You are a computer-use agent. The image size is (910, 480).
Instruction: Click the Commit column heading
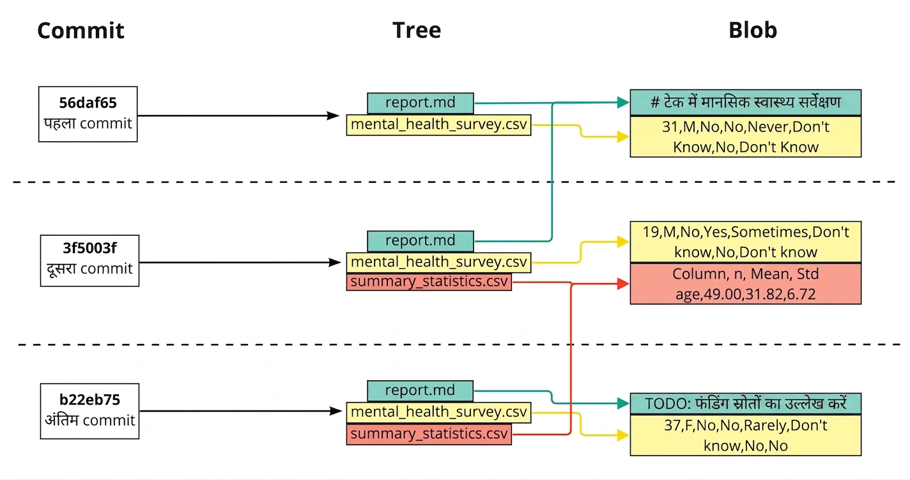81,31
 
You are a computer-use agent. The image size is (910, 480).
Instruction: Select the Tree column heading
417,30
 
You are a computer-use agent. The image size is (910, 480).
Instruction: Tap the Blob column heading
753,30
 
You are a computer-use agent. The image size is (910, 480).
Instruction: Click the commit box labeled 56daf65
88,114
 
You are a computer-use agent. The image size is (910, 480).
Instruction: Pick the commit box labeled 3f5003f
89,261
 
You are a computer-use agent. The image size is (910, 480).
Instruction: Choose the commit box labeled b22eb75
89,411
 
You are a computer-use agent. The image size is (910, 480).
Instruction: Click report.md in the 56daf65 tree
420,104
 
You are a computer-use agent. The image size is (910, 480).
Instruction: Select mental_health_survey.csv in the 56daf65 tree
439,125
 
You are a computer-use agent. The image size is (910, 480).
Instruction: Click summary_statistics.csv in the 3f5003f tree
429,282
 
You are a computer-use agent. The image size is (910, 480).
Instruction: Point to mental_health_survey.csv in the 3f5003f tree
439,263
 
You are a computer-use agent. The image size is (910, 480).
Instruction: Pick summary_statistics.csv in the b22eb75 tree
429,434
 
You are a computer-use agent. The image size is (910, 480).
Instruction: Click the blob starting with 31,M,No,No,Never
746,137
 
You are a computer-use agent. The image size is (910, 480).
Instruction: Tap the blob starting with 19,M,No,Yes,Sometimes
746,242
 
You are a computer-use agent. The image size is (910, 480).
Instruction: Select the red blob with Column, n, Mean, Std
746,284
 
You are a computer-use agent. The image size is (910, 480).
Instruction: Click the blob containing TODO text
746,403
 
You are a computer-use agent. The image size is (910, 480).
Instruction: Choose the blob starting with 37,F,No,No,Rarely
746,435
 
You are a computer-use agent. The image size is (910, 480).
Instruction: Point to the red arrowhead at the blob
623,284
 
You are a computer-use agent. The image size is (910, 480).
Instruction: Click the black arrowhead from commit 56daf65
333,116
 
